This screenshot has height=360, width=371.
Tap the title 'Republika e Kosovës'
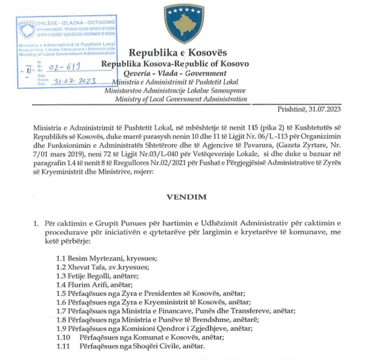[x=178, y=52]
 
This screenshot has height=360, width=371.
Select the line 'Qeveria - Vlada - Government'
[x=175, y=73]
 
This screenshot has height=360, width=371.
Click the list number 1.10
[x=62, y=338]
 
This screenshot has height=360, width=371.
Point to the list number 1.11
[x=62, y=346]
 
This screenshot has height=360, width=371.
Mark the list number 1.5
[x=61, y=292]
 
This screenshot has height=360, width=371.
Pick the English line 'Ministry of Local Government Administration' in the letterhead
[x=181, y=99]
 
